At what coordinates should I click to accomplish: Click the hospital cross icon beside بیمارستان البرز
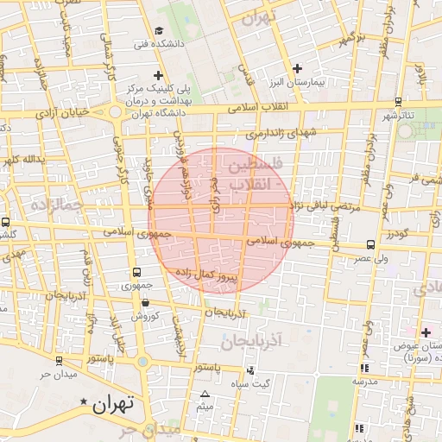tap(297, 67)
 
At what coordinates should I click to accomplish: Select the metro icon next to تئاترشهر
tap(406, 129)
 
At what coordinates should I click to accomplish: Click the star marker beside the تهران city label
tap(84, 402)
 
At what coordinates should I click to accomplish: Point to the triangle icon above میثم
tap(205, 394)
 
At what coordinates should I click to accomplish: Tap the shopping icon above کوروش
tap(144, 303)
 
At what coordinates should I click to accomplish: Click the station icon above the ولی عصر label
tap(370, 245)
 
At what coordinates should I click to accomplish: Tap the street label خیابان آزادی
tap(61, 113)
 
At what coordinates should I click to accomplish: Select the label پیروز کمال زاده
tap(212, 275)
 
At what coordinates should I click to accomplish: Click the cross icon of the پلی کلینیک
tap(158, 76)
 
